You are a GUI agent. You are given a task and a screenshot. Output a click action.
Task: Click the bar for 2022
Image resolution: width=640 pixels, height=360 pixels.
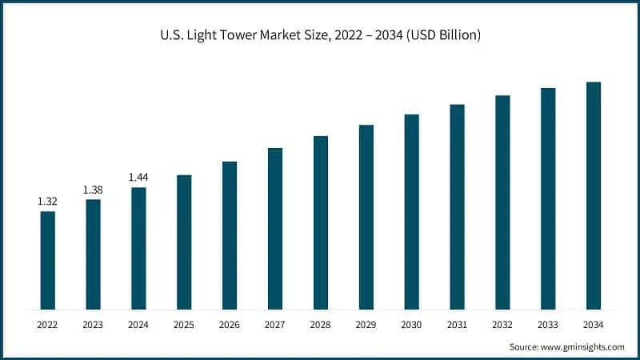48,260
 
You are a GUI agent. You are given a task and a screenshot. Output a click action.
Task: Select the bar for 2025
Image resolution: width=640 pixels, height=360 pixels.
184,242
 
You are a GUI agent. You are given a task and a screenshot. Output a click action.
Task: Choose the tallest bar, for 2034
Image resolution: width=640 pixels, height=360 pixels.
594,195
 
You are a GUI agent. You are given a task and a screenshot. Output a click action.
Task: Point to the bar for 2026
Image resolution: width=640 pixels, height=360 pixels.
230,235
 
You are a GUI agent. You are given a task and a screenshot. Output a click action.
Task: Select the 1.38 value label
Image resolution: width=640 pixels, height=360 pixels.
94,190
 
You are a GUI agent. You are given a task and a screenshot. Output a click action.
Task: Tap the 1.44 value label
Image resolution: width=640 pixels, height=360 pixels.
138,178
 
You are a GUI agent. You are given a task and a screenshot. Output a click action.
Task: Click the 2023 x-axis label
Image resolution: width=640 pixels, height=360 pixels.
94,324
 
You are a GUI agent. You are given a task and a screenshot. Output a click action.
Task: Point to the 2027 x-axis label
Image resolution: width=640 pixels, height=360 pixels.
275,324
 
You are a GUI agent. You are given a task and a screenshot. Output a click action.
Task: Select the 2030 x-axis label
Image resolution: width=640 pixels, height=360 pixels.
411,324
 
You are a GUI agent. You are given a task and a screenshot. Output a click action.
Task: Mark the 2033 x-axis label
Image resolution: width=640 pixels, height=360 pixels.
548,324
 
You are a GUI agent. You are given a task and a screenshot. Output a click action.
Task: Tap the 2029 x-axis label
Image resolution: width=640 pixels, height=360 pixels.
366,324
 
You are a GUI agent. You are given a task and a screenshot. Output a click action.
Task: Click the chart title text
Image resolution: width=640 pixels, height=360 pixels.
320,35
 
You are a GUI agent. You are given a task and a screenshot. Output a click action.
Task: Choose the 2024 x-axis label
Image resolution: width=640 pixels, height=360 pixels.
138,324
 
